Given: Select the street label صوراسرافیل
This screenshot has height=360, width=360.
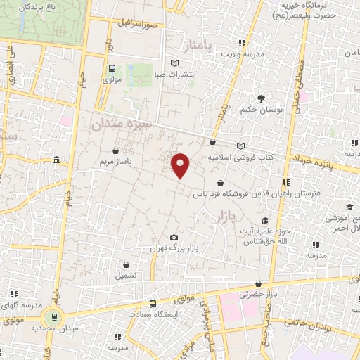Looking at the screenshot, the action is pos(139,24).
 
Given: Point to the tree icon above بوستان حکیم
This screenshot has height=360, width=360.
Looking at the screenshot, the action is pos(261,98).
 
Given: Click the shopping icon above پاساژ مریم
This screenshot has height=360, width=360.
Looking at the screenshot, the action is pos(115,150).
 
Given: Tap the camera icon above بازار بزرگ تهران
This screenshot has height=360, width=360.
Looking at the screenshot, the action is pos(174,238).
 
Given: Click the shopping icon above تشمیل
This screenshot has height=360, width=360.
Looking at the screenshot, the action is pos(127,265).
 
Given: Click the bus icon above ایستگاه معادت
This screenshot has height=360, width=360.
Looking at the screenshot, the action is pos(153,304).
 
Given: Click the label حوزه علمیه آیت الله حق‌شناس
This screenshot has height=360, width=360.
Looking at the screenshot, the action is pos(281,236).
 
